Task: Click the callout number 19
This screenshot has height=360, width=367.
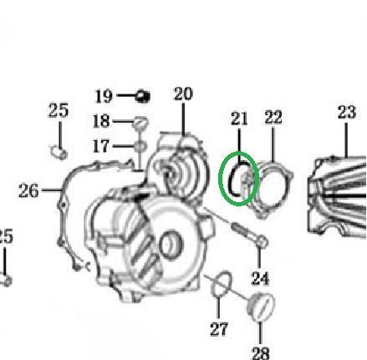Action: click(104, 96)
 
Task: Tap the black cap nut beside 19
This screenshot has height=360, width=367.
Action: click(143, 96)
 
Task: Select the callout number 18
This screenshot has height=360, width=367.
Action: click(101, 121)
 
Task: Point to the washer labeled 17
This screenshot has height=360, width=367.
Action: click(140, 146)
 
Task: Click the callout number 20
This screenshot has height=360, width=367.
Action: click(183, 94)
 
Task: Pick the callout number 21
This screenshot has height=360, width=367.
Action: click(239, 119)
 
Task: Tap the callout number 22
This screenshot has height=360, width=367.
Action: click(273, 117)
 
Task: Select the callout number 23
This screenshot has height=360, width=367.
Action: click(347, 112)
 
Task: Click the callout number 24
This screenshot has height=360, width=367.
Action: click(260, 278)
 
